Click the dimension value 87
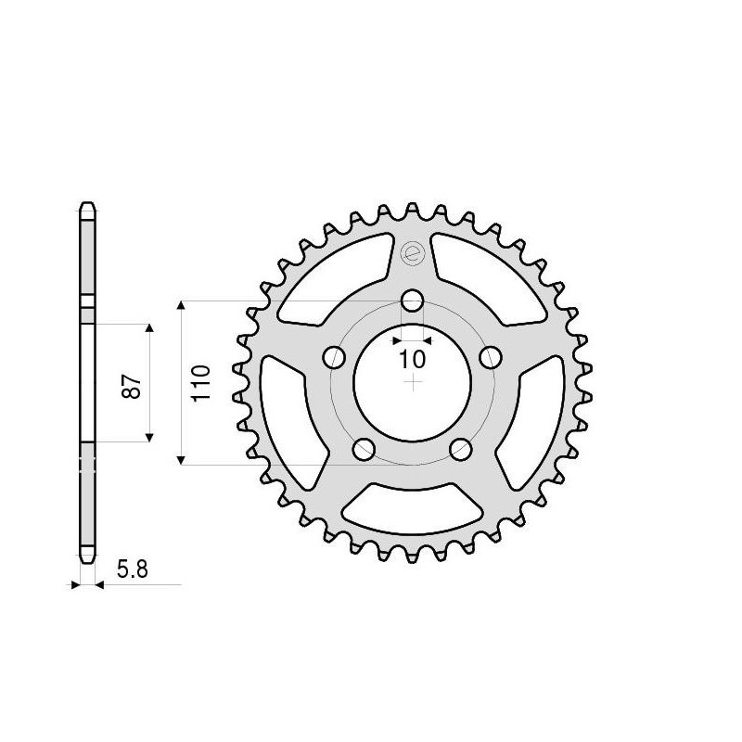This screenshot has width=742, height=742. click(134, 385)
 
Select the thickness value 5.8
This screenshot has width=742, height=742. click(132, 569)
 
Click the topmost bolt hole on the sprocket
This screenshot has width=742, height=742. click(412, 301)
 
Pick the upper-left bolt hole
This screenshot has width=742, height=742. click(333, 357)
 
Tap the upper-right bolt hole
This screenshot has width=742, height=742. click(491, 357)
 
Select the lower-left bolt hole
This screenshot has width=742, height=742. click(364, 450)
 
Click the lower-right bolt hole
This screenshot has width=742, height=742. click(461, 450)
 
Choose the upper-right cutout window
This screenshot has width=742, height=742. click(490, 276)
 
